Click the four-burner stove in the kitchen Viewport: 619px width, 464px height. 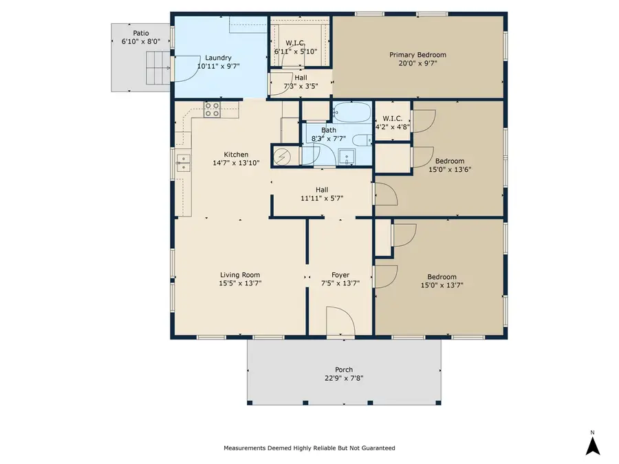pos(213,109)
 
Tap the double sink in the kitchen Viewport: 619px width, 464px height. pos(184,163)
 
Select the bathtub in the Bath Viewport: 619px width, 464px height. pos(351,112)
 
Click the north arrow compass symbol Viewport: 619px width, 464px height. pos(593,444)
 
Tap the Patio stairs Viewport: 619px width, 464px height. pos(157,71)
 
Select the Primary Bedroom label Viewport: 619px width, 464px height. pos(417,55)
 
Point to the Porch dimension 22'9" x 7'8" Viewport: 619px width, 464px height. pos(344,377)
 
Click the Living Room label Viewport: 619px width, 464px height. pos(240,275)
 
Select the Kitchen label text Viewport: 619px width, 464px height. pos(236,155)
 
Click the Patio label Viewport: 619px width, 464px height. pos(140,32)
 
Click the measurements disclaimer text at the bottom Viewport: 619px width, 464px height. pos(309,448)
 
